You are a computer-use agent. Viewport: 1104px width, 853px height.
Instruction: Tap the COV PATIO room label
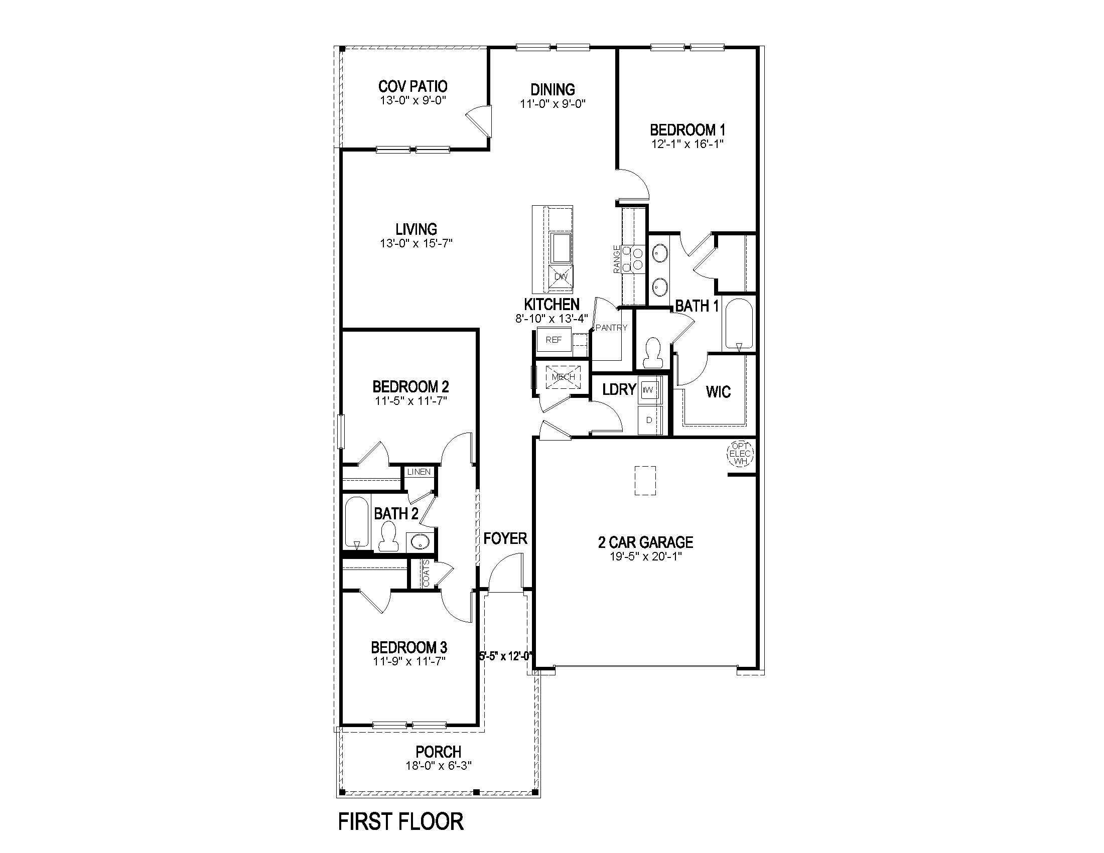pyautogui.click(x=412, y=86)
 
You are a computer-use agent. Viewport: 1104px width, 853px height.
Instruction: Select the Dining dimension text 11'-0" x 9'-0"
pyautogui.click(x=553, y=104)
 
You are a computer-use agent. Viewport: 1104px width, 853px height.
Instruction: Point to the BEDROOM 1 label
pyautogui.click(x=687, y=129)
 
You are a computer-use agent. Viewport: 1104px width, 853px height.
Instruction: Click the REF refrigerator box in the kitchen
pyautogui.click(x=554, y=340)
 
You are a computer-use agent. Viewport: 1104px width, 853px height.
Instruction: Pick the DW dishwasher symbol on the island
pyautogui.click(x=561, y=276)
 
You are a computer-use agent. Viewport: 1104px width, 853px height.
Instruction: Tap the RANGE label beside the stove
pyautogui.click(x=617, y=259)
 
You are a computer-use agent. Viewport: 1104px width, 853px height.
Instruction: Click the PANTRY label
pyautogui.click(x=611, y=328)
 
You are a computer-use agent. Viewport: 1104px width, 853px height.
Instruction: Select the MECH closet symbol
pyautogui.click(x=563, y=377)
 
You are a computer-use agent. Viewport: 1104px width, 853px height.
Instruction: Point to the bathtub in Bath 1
pyautogui.click(x=739, y=324)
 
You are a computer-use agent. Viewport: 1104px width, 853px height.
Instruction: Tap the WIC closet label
pyautogui.click(x=718, y=392)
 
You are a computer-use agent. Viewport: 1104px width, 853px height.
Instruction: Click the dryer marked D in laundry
pyautogui.click(x=649, y=420)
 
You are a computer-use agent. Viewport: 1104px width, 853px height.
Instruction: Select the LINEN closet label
pyautogui.click(x=419, y=472)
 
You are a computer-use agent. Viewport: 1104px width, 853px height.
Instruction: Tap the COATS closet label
pyautogui.click(x=426, y=573)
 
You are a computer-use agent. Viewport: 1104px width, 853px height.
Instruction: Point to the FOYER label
pyautogui.click(x=505, y=539)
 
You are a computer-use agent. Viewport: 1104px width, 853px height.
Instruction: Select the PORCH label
pyautogui.click(x=438, y=752)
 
